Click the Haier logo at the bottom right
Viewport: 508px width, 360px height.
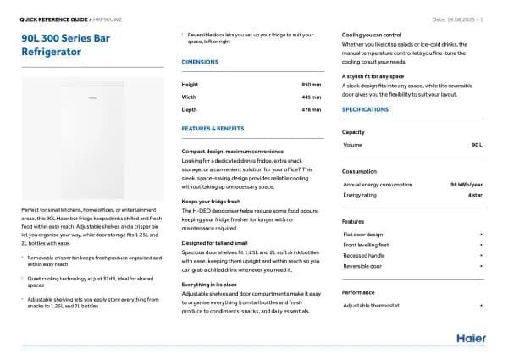click(x=471, y=338)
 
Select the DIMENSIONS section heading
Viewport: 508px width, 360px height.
click(x=200, y=63)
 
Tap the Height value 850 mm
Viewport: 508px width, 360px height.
click(x=312, y=84)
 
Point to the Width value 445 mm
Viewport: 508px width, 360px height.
click(x=312, y=97)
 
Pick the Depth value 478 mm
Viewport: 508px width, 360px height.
click(x=312, y=109)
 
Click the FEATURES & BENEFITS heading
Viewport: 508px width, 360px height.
click(x=213, y=128)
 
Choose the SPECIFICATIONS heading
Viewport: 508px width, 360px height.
click(x=366, y=110)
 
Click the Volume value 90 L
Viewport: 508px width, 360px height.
click(x=477, y=145)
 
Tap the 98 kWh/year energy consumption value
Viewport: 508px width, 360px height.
click(x=467, y=184)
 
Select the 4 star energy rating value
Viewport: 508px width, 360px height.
click(x=475, y=195)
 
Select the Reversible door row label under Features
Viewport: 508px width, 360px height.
click(x=362, y=266)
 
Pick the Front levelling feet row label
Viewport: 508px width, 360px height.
click(x=366, y=244)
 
